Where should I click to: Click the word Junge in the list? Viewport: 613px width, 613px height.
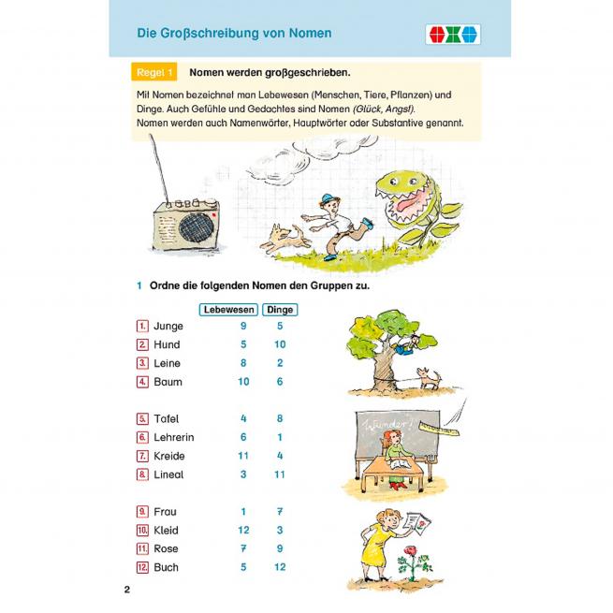click(x=168, y=326)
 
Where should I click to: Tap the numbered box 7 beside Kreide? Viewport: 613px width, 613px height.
click(x=142, y=456)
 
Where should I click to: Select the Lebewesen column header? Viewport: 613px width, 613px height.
click(x=229, y=309)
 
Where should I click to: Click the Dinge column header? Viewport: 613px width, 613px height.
click(x=280, y=309)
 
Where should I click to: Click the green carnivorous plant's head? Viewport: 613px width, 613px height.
click(x=400, y=197)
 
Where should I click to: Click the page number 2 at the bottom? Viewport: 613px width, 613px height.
click(x=127, y=591)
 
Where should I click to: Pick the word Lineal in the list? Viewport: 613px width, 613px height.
click(x=169, y=474)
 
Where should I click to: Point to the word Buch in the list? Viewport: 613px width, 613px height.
click(x=167, y=567)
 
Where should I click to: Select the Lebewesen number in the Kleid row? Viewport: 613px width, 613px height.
click(x=242, y=530)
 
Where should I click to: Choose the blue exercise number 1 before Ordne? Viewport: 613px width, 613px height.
click(x=138, y=285)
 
